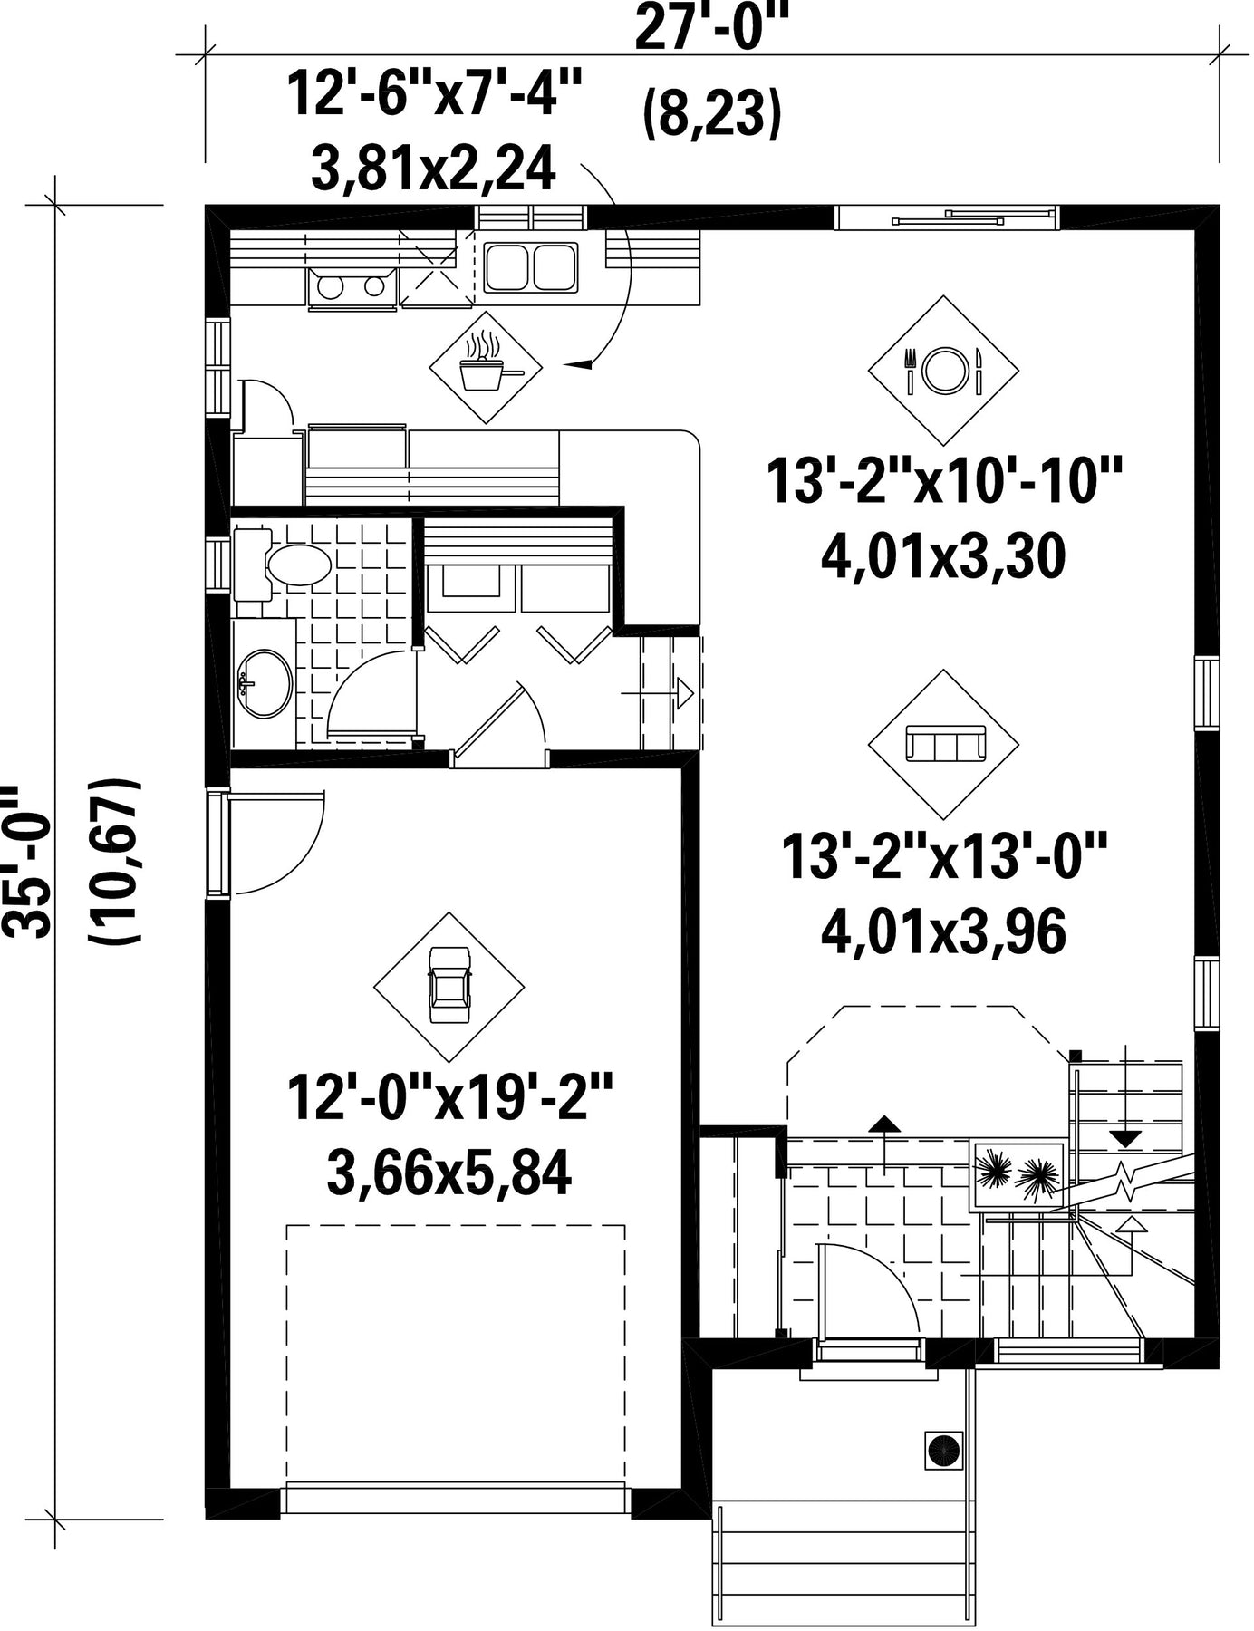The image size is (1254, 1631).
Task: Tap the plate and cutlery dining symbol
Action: tap(943, 370)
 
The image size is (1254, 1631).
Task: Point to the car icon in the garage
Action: tap(449, 985)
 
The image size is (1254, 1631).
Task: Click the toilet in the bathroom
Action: tap(285, 565)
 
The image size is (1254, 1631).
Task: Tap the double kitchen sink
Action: tap(531, 267)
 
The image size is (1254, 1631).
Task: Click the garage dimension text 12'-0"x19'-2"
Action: tap(450, 1097)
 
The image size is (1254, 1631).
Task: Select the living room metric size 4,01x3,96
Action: tap(943, 932)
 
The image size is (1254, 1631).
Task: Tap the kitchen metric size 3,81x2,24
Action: tap(433, 170)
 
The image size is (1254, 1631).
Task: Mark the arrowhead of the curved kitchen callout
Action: tap(576, 364)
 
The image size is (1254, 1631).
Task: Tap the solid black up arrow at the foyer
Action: tap(884, 1124)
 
